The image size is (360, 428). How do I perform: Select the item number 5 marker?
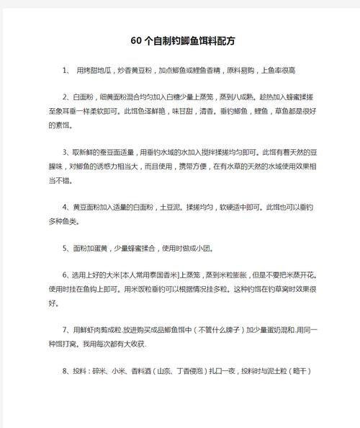(x=66, y=247)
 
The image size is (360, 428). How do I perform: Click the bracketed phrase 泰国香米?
(x=158, y=275)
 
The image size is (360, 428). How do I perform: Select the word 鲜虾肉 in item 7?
(x=95, y=329)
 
